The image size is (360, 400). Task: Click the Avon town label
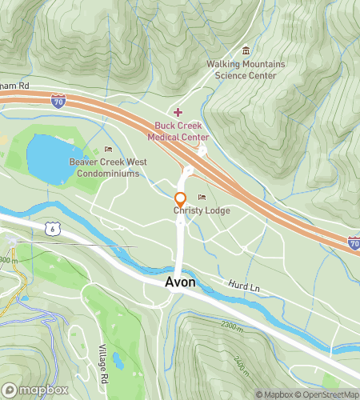click(x=180, y=283)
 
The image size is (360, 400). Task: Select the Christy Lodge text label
click(x=202, y=210)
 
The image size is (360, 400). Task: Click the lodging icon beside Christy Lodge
click(x=202, y=198)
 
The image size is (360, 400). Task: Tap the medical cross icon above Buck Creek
click(x=178, y=112)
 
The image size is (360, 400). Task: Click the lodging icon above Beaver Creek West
click(x=108, y=150)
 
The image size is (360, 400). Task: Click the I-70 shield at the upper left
click(x=57, y=101)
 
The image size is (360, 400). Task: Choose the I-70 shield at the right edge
click(x=353, y=242)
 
